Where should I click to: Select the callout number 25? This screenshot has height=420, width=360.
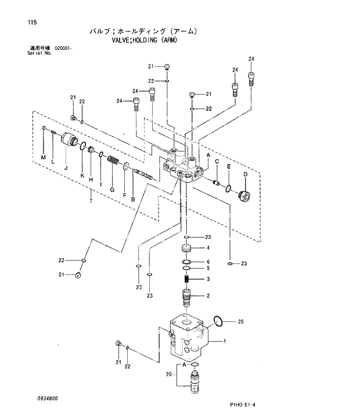[241, 321]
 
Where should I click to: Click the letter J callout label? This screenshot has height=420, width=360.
[66, 168]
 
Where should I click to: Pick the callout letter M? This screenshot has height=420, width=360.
[42, 158]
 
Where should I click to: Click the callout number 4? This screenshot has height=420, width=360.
[208, 248]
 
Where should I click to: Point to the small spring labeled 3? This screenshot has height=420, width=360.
[187, 280]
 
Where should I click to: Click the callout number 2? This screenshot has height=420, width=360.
[208, 296]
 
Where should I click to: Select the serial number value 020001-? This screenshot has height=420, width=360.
[63, 48]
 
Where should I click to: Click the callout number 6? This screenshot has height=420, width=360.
[208, 262]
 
